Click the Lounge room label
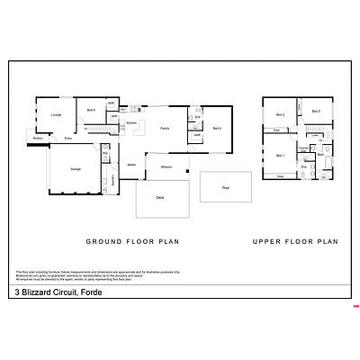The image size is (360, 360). click(56, 114)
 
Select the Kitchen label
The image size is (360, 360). click(130, 122)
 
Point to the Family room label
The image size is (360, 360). click(165, 129)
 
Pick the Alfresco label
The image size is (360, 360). click(166, 167)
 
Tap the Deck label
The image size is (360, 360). click(159, 197)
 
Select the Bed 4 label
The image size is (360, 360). click(217, 129)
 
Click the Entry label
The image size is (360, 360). click(67, 139)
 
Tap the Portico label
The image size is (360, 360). click(38, 138)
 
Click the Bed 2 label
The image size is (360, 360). click(280, 114)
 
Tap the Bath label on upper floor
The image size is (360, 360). click(319, 155)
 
